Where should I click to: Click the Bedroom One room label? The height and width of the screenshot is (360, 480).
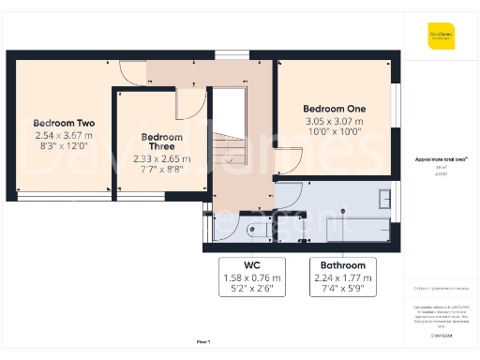[335, 109]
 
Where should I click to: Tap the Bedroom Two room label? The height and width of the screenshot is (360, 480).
[64, 123]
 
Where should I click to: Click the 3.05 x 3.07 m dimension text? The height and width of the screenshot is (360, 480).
[335, 121]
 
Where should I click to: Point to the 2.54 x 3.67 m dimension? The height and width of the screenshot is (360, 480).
[64, 135]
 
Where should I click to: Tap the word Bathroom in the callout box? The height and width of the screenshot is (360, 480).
[342, 265]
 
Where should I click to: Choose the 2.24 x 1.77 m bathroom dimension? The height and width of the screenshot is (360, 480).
[342, 277]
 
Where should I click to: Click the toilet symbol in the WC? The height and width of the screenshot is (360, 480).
[253, 230]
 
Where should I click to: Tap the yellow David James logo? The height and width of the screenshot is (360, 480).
[441, 38]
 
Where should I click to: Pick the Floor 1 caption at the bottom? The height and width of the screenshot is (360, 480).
[203, 343]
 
